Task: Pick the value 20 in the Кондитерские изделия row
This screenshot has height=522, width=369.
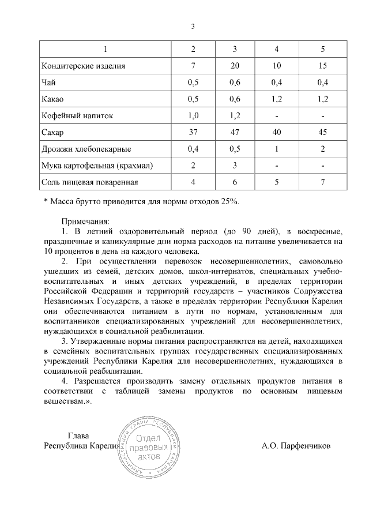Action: [x=235, y=66]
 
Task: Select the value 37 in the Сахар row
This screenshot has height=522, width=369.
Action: [x=193, y=132]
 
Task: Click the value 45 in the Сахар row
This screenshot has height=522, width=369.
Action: [x=323, y=132]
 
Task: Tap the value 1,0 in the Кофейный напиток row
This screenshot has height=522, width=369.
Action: [x=193, y=115]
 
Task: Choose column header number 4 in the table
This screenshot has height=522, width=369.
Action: [x=277, y=48]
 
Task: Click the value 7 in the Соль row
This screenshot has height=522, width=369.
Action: [x=323, y=182]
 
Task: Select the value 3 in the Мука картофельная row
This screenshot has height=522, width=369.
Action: [x=235, y=166]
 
